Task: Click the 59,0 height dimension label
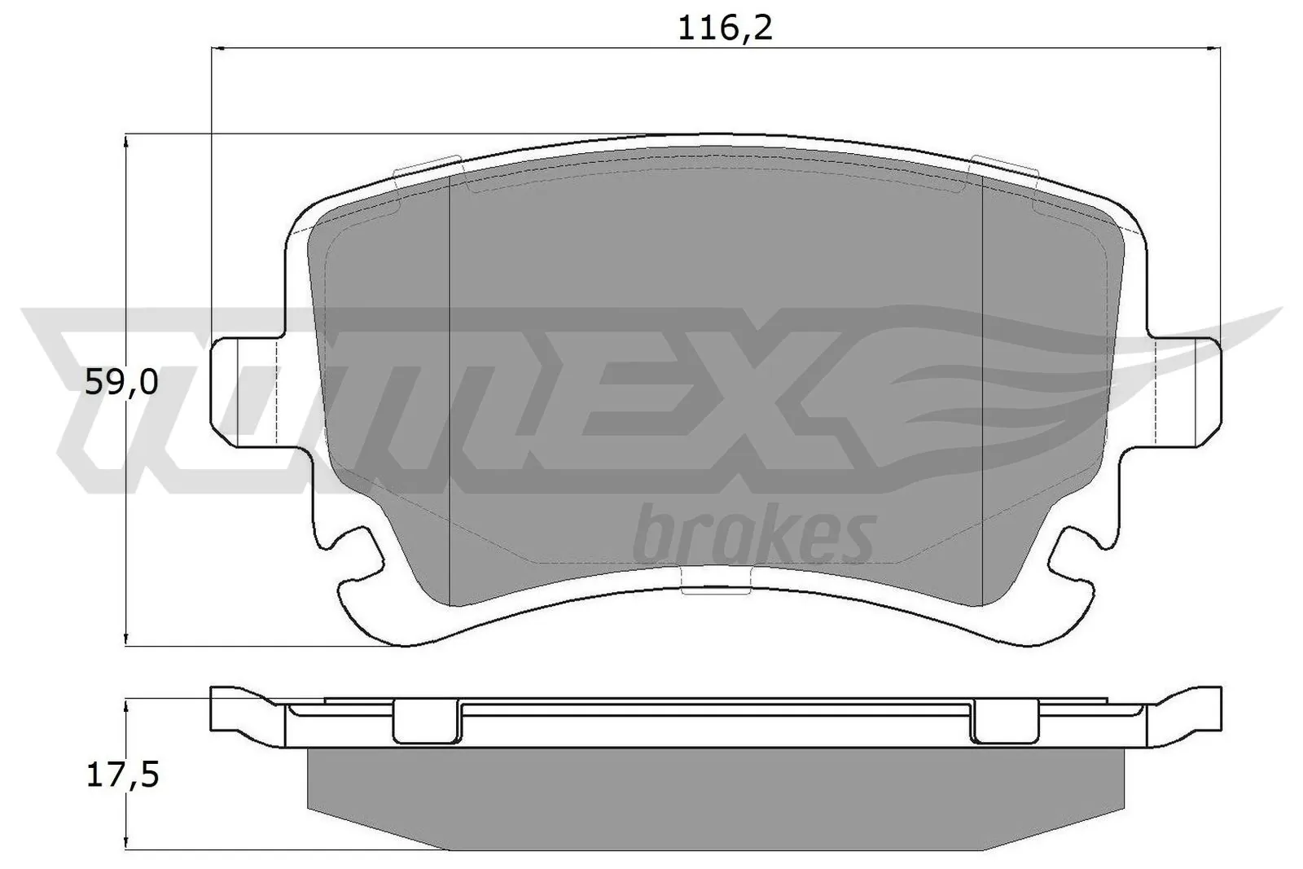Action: click(121, 381)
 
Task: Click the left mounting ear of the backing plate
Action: click(244, 392)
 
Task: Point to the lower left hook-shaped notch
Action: click(358, 562)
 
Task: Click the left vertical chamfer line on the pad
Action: click(450, 391)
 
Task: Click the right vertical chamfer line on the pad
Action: click(983, 391)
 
